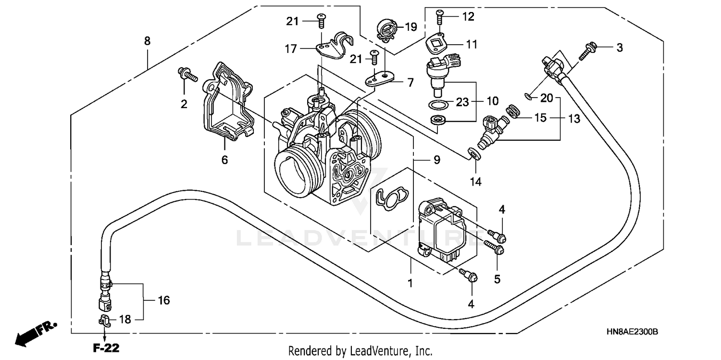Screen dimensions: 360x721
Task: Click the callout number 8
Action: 147,41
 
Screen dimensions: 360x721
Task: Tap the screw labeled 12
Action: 439,17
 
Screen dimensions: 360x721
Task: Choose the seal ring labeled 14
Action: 473,154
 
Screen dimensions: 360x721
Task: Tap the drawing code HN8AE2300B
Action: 632,332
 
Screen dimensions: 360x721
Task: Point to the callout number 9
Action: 436,161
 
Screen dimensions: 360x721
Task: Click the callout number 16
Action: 163,301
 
